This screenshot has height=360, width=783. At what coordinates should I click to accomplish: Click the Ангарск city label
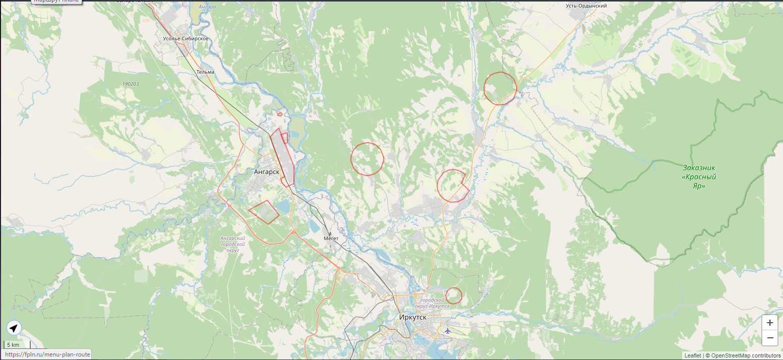[266, 172]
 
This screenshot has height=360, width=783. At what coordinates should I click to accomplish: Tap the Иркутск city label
[412, 317]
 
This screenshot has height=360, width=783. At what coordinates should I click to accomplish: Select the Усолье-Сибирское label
[186, 39]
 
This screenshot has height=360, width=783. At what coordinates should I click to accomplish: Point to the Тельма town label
[205, 72]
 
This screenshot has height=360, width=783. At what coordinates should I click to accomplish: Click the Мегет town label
[331, 237]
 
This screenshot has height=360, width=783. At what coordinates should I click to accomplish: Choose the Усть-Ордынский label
[586, 6]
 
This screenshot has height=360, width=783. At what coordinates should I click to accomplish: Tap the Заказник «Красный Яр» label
[699, 176]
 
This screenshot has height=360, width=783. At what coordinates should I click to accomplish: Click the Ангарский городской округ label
[232, 244]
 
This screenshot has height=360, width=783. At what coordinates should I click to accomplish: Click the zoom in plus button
[769, 323]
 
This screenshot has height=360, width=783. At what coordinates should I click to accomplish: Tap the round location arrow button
[14, 329]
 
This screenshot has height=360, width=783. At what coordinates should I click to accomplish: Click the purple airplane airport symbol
[447, 331]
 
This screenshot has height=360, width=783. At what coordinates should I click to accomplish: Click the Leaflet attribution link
[692, 355]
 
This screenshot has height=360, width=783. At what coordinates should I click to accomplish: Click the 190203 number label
[130, 84]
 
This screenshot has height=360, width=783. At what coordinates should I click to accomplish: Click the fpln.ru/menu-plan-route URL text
[47, 354]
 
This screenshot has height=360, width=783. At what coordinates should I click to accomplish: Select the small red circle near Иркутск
[454, 295]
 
